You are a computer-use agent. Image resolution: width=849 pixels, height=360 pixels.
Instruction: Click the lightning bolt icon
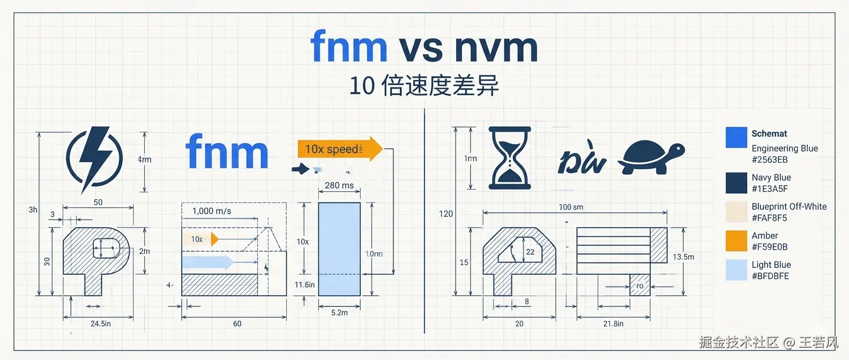tap(94, 159)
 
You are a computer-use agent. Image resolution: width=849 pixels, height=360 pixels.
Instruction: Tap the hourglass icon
tap(510, 158)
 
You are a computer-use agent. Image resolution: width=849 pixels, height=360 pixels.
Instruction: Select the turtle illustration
tap(651, 157)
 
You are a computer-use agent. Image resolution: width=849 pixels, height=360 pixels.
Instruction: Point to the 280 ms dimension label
tap(339, 185)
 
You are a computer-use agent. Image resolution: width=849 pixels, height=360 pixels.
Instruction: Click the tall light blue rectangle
tap(339, 249)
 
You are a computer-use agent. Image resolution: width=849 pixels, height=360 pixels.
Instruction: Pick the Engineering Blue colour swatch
tap(736, 138)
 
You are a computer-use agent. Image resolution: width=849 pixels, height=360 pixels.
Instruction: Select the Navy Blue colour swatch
tap(736, 183)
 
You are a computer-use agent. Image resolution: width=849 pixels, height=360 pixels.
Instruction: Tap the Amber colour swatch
tap(736, 241)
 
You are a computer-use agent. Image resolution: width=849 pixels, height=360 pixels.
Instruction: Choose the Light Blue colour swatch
tap(736, 270)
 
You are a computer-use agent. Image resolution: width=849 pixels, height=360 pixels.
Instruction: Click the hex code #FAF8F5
tap(769, 218)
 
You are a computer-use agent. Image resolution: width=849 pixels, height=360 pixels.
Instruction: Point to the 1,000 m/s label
tap(212, 211)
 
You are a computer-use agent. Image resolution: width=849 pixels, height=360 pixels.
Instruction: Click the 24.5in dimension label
tap(101, 324)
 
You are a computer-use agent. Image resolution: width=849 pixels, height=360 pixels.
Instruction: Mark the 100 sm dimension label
tap(571, 207)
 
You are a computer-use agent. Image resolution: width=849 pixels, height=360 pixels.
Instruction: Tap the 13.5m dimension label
tap(683, 257)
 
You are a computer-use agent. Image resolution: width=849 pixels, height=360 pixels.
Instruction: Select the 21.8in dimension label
tap(613, 324)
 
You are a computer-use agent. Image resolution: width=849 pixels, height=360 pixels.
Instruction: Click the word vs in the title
tap(421, 48)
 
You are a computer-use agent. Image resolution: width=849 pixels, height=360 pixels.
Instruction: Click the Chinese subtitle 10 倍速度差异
tap(424, 86)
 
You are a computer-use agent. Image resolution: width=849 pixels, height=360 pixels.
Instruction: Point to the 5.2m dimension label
tap(339, 313)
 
